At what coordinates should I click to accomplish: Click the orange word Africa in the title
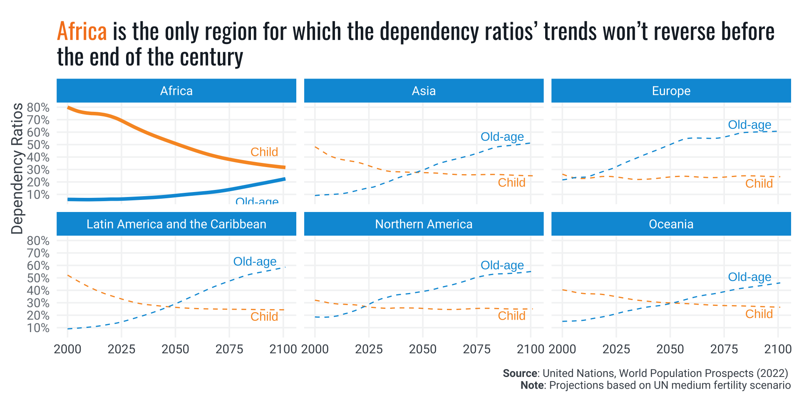point(82,32)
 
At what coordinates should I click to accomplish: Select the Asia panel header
point(424,91)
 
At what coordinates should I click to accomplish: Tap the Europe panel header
point(671,91)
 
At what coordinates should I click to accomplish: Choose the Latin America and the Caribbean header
point(176,224)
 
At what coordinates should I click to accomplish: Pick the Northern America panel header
point(424,224)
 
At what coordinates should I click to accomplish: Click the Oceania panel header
point(671,224)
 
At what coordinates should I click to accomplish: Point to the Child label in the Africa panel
point(264,152)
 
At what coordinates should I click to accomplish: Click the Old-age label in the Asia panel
point(502,137)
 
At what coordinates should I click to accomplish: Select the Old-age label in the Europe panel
point(749,125)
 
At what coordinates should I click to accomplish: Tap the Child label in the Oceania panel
point(759,314)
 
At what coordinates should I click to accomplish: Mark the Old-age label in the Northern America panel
point(502,265)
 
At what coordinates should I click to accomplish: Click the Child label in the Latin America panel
point(264,317)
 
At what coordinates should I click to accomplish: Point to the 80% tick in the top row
point(38,108)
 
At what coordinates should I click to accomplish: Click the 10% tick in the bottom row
point(38,328)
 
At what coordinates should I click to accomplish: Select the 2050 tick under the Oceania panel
point(670,349)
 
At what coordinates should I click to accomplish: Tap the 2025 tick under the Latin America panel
point(122,349)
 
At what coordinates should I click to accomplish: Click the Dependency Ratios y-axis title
point(17,168)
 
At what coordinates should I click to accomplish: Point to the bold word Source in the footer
point(520,373)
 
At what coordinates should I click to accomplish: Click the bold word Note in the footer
point(532,385)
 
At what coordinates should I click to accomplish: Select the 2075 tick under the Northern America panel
point(476,349)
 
